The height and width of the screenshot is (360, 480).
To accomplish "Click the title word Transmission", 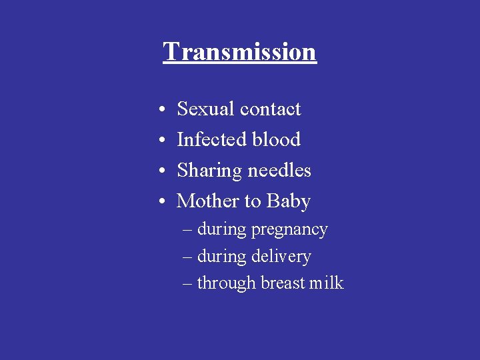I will coord(239,51).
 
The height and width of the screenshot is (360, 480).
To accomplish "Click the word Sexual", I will coord(205,109).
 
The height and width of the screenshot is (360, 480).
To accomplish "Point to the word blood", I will coord(274,139).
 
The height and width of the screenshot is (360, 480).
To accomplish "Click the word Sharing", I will coord(209,171).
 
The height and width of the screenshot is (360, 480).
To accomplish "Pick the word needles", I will coord(279,170).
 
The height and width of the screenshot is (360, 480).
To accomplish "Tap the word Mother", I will coord(209,201).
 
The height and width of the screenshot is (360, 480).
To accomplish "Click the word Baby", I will coord(289,201).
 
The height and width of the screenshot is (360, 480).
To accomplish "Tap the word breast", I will coord(283,283).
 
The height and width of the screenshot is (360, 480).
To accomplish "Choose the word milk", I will coord(327,283).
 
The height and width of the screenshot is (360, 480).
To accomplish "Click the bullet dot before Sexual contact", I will coord(163,109).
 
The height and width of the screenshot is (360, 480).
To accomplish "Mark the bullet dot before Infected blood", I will coord(163,140).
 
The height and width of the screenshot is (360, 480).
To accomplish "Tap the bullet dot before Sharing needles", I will coord(163,171).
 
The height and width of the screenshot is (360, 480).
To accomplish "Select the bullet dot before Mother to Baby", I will coord(163,201).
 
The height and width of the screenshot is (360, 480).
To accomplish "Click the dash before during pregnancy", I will coord(187,230).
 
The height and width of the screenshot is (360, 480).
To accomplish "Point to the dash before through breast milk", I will coord(187,283).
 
